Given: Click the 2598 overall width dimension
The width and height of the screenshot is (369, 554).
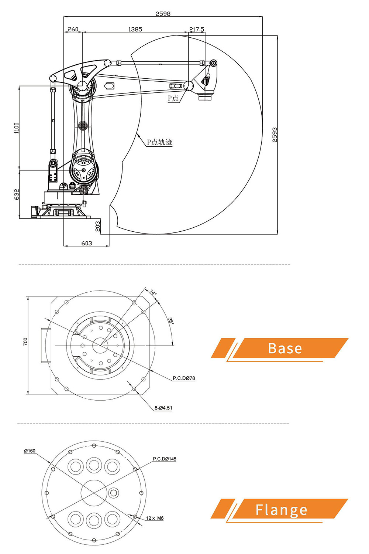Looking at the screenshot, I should tap(163, 14).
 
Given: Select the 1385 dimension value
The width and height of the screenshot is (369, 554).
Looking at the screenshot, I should tap(135, 29).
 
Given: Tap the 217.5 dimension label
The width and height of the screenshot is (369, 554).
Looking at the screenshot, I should tap(197, 29).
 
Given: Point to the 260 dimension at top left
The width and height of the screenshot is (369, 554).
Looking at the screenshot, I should tap(73, 29).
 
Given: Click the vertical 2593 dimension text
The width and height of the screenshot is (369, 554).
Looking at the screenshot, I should tap(275, 135).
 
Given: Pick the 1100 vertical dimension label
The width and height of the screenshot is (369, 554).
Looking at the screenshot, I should tap(17, 128).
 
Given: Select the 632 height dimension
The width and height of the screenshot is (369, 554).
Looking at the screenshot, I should tap(17, 194).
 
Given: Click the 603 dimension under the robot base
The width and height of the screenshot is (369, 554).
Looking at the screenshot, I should tap(87, 243).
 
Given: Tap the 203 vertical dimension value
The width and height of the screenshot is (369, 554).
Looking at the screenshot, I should tap(98, 226).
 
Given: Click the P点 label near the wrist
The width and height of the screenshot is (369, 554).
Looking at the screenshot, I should tap(173, 98).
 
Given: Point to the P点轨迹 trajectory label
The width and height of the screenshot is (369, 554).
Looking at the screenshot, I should tap(160, 142).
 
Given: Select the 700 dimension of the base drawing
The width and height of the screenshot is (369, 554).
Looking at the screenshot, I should tap(25, 341).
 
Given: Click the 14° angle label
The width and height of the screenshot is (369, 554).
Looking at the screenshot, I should tap(153, 292).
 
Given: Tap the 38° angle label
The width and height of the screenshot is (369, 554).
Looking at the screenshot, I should tap(171, 320).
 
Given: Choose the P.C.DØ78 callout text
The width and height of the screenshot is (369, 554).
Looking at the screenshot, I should tap(184, 378).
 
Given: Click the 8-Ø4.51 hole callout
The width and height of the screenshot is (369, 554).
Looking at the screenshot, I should tap(163, 408).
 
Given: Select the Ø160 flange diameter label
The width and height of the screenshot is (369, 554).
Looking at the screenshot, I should tap(30, 451).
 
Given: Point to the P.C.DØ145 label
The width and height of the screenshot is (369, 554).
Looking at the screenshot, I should tap(165, 459).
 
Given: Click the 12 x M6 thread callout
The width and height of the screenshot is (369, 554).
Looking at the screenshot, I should tap(155, 518).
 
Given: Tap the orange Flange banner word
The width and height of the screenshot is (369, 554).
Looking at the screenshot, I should tap(281, 510).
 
